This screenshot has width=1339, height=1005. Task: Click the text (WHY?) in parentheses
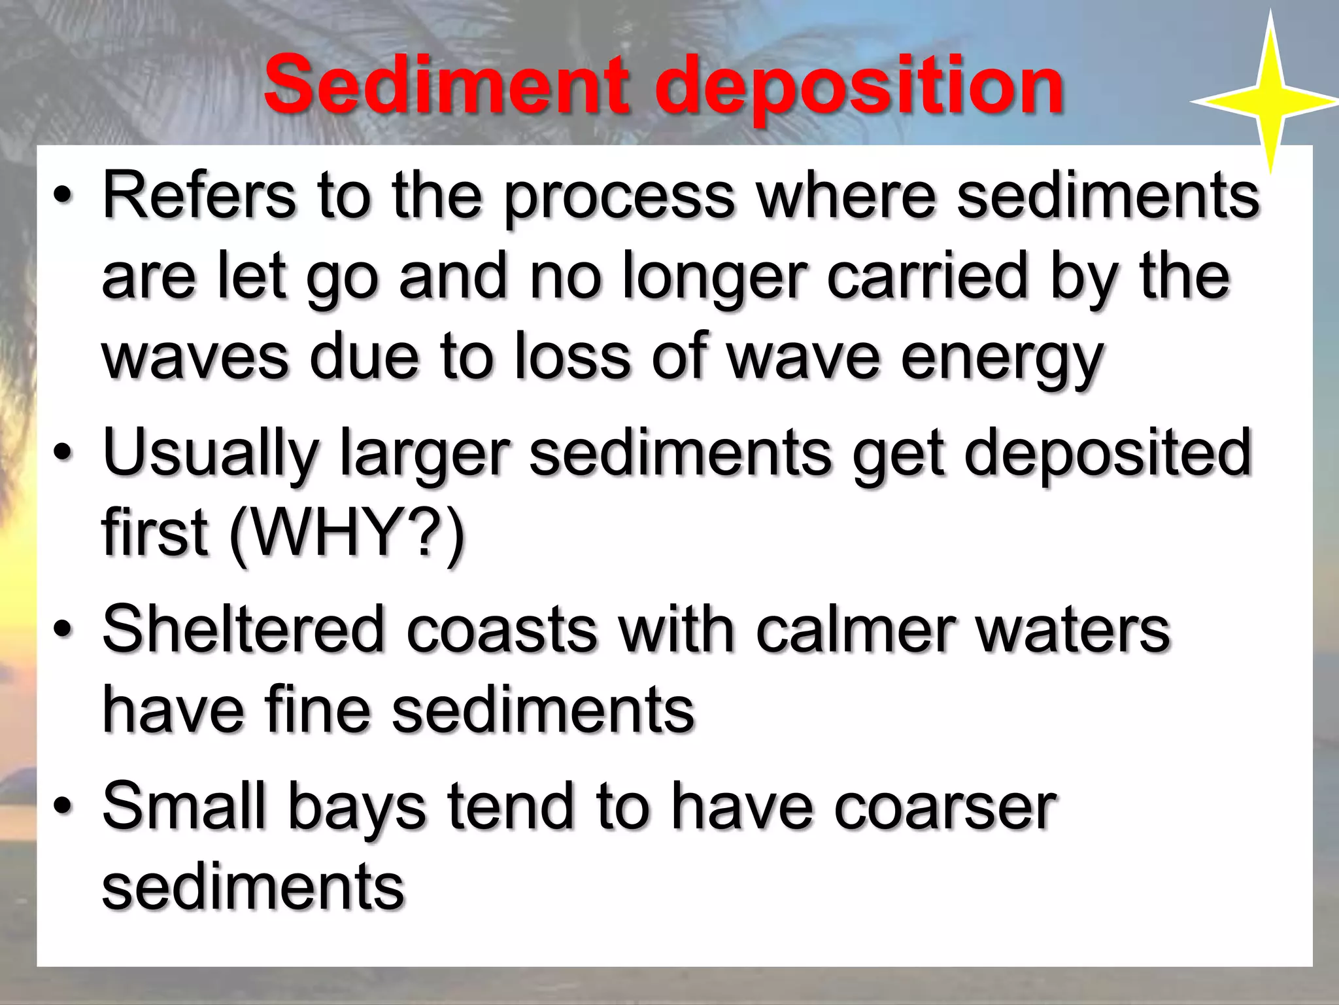(347, 533)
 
